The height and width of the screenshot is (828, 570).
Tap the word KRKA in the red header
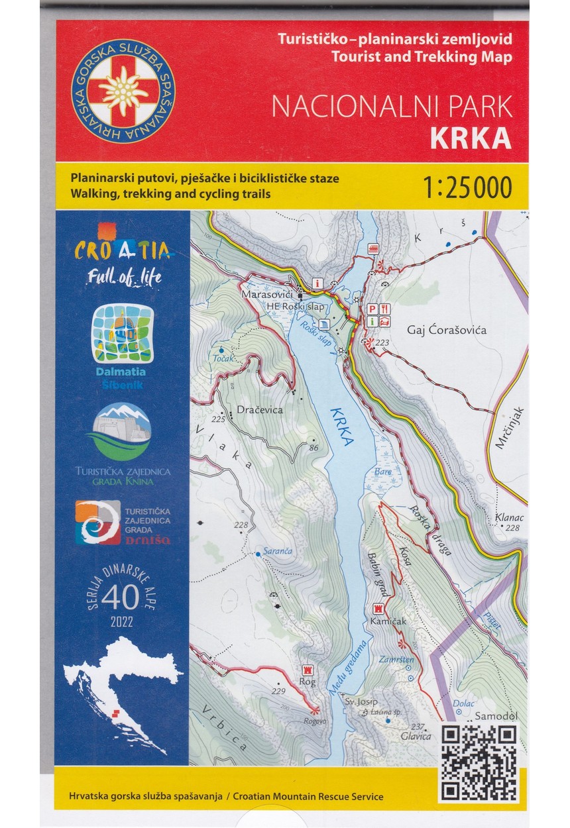470,138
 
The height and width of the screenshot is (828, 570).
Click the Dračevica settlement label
259,410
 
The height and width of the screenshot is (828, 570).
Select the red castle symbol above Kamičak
379,607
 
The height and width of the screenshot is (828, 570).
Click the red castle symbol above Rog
307,670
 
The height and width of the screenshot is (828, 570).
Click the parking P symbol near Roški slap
372,308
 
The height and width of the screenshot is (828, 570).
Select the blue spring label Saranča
276,551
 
